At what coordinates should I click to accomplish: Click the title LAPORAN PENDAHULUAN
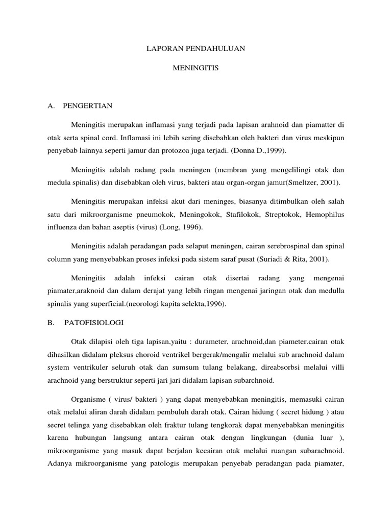tap(196, 48)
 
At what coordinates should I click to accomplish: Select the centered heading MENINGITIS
tap(196, 67)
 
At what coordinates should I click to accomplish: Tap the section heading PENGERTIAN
tap(87, 106)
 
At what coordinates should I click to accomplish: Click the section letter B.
tap(50, 323)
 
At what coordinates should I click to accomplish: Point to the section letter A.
tap(50, 106)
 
